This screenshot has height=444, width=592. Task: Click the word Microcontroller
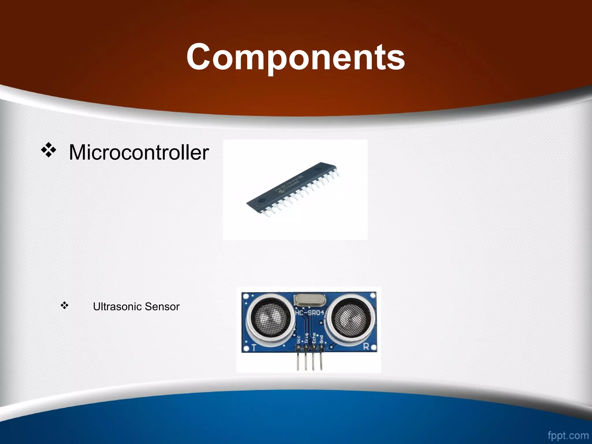(x=139, y=152)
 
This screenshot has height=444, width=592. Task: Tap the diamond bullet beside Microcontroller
(x=48, y=150)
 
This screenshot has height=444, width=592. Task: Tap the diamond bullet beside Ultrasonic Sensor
(x=64, y=305)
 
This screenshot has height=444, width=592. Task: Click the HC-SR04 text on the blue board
(x=310, y=313)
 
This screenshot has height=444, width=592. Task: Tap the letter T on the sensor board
(x=254, y=347)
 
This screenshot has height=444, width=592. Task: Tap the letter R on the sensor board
(x=366, y=346)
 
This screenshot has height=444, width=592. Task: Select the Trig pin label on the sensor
(x=306, y=338)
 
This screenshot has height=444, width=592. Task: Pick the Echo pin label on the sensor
(x=314, y=338)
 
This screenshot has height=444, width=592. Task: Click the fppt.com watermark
(x=568, y=435)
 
